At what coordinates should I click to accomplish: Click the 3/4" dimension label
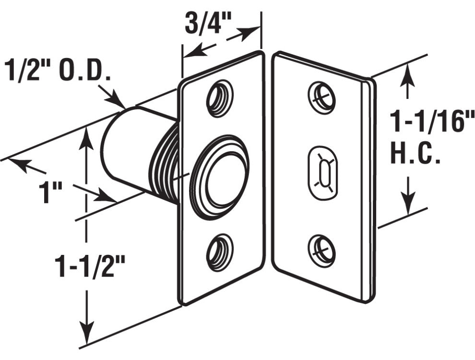[x=208, y=23]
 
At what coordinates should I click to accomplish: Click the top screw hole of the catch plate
[x=220, y=99]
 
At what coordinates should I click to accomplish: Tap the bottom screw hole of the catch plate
[x=220, y=252]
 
